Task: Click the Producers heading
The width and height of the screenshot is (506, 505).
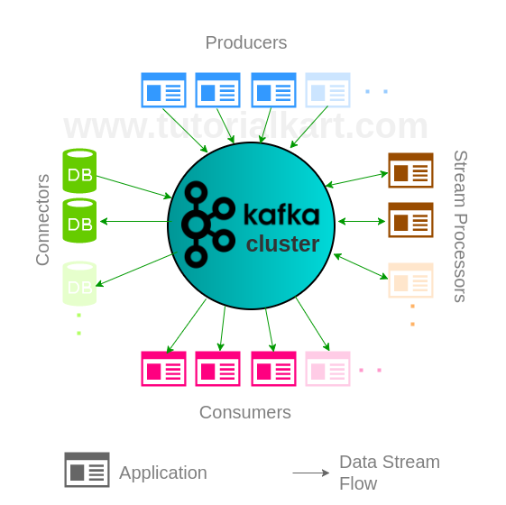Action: click(x=245, y=42)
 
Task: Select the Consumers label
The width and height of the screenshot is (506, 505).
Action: click(x=245, y=412)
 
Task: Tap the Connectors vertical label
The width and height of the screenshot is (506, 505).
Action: click(x=42, y=220)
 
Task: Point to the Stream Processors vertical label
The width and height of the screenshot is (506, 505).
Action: click(x=460, y=225)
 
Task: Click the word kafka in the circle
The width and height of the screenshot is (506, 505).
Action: click(x=281, y=215)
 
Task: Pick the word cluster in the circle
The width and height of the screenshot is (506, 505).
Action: click(x=282, y=244)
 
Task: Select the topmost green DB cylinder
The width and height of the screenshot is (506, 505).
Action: click(x=79, y=171)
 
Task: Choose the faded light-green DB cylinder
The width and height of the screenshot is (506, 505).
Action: click(x=79, y=283)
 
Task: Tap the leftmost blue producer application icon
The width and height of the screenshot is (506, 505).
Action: click(x=163, y=90)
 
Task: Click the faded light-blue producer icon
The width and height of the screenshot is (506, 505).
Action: click(x=327, y=90)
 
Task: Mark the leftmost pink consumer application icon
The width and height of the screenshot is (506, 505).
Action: click(x=163, y=369)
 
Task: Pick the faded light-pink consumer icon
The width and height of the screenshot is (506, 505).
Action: click(x=327, y=369)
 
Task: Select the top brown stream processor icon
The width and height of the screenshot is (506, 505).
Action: click(x=410, y=170)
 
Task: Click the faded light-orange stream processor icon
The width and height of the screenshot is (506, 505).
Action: click(x=410, y=280)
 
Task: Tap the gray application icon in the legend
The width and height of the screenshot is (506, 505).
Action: click(x=87, y=470)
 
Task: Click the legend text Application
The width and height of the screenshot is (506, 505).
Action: click(x=163, y=473)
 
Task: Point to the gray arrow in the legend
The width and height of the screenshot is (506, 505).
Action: click(x=311, y=473)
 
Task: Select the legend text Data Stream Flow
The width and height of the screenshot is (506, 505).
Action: click(x=390, y=473)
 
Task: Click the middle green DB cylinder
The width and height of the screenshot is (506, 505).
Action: click(x=79, y=221)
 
